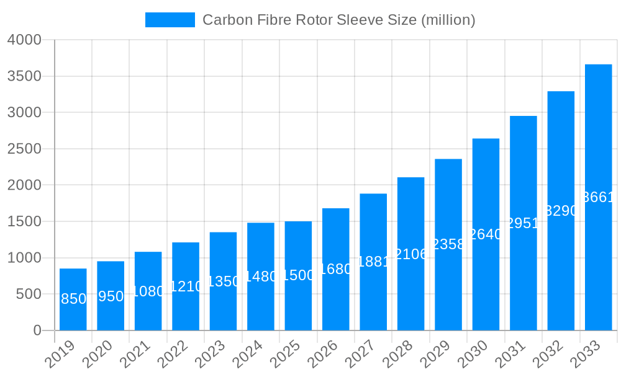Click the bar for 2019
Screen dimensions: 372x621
73,299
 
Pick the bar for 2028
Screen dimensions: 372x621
411,254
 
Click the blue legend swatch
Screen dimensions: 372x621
170,20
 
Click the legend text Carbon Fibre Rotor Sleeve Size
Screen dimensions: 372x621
339,20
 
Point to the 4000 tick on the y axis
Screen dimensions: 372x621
24,40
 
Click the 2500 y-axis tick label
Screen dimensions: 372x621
24,149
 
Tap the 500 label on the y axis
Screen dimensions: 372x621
29,294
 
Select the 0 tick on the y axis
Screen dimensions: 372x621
37,330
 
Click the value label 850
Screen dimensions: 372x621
73,299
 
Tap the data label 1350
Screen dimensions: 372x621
223,281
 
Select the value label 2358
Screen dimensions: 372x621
448,244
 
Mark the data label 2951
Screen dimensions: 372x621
523,223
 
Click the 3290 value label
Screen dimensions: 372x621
561,211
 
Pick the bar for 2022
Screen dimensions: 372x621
186,286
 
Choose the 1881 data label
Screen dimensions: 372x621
373,262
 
